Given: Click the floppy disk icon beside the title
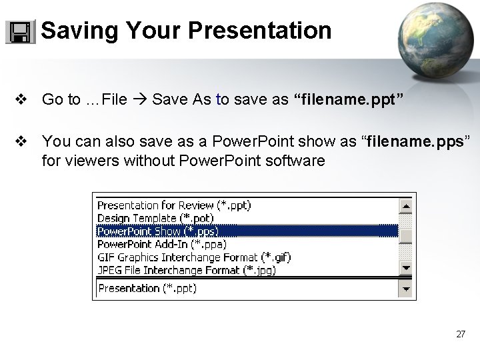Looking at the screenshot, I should tap(21, 31).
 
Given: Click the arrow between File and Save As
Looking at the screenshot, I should tap(139, 100).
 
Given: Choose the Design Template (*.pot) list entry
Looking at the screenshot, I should tap(155, 218).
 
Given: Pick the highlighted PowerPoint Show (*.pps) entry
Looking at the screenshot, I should tap(157, 231).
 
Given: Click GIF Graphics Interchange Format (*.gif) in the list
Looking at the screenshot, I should tap(194, 257).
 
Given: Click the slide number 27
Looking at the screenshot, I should tap(461, 334).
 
